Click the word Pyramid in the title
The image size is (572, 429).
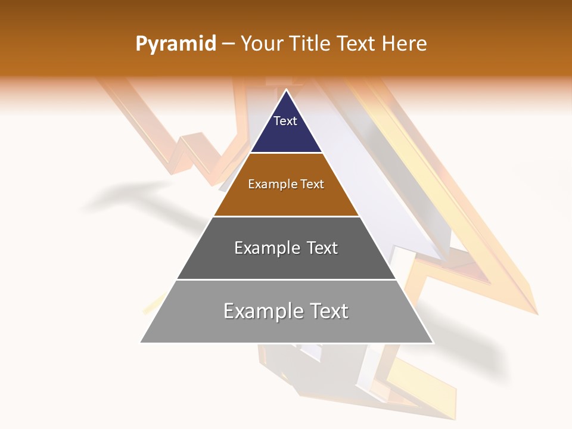tap(175, 44)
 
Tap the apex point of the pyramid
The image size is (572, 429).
tap(286, 90)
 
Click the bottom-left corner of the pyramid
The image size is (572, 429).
tap(141, 342)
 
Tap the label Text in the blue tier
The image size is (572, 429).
tap(285, 121)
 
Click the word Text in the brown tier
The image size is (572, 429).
tap(310, 184)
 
